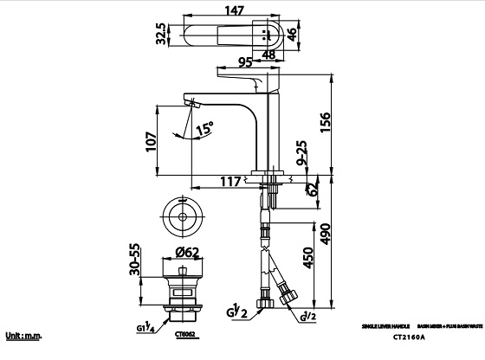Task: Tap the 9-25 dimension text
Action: pos(299,153)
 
